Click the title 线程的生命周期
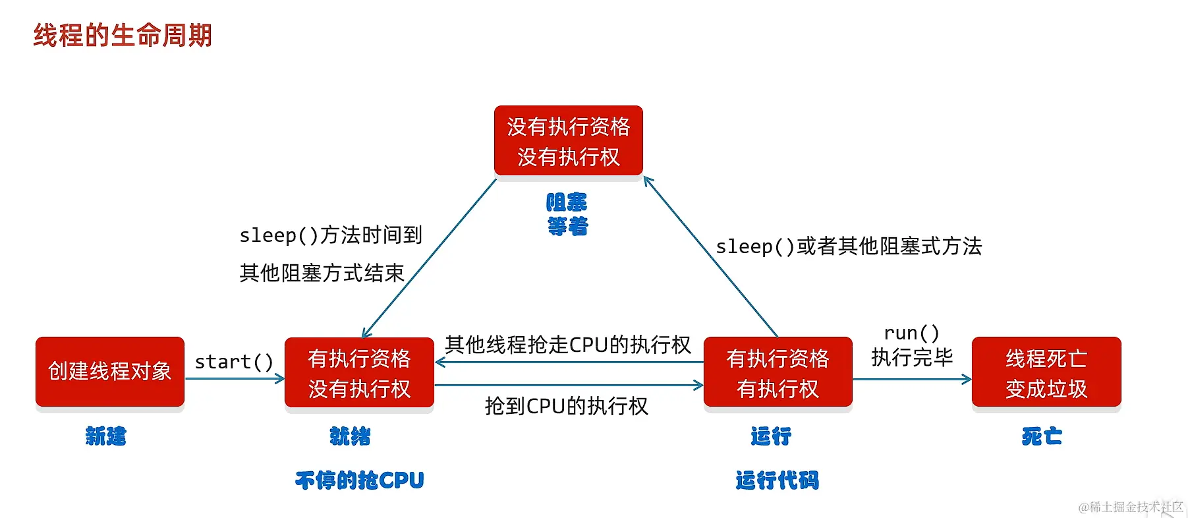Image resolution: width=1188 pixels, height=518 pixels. click(123, 36)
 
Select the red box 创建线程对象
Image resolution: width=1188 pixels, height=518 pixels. click(110, 372)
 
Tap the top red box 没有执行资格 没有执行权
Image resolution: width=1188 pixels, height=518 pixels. click(568, 141)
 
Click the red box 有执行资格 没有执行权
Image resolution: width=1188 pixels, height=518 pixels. click(359, 373)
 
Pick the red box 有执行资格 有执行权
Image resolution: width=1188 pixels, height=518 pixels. click(778, 373)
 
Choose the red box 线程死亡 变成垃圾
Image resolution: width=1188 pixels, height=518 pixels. click(1046, 373)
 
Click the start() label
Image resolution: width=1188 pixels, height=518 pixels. click(234, 362)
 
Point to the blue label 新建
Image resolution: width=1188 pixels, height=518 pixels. click(105, 436)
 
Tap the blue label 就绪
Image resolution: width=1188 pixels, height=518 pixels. click(350, 436)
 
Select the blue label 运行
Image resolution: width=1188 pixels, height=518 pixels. click(770, 436)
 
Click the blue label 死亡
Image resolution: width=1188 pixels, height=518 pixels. click(1042, 436)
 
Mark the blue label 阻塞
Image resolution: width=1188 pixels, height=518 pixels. click(567, 202)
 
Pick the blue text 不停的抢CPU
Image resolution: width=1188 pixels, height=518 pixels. click(359, 480)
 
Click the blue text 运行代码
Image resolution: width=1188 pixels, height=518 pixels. click(777, 480)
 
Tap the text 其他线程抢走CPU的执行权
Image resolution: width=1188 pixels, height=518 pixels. click(568, 345)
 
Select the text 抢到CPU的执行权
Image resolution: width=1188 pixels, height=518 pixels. click(567, 406)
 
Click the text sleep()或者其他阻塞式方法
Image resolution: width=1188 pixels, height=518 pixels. click(849, 246)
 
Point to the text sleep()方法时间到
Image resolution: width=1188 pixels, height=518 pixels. click(330, 235)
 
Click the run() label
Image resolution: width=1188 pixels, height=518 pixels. click(911, 333)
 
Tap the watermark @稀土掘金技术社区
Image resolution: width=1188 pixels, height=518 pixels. click(1130, 507)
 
